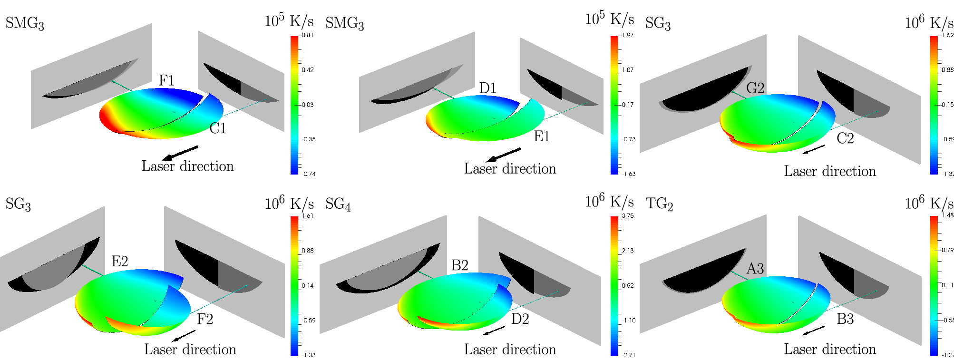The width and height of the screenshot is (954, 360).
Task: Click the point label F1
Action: (166, 80)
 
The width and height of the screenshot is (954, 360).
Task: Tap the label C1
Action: (218, 128)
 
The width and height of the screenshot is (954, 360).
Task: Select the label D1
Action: (488, 88)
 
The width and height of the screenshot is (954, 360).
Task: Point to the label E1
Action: (542, 137)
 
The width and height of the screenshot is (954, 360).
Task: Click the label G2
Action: (755, 88)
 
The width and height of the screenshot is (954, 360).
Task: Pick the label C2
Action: (845, 138)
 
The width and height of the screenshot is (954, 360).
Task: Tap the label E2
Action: (120, 261)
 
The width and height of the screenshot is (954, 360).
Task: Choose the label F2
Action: (204, 319)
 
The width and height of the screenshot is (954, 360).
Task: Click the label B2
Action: (460, 265)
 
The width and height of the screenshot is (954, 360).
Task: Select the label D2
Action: (520, 319)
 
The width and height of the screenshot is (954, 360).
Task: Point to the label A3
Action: (755, 269)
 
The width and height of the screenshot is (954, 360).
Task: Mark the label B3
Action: (845, 319)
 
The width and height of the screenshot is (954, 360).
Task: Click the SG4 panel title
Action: (338, 204)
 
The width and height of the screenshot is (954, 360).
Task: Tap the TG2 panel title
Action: (659, 204)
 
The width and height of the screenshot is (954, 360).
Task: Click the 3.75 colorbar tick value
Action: (628, 216)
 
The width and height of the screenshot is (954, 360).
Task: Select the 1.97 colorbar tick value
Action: (628, 35)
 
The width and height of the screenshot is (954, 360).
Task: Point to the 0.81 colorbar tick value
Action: (308, 35)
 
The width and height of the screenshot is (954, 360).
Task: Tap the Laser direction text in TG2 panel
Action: (830, 350)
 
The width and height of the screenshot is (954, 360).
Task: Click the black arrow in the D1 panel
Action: (503, 155)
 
